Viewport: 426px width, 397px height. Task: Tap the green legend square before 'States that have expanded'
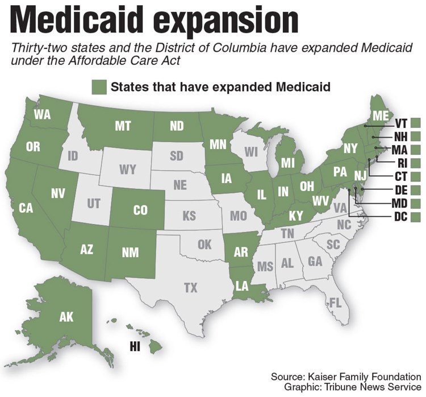tap(99, 87)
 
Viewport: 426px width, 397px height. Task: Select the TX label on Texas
tap(191, 288)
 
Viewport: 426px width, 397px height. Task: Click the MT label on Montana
tap(123, 126)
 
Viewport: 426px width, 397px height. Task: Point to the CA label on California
tap(26, 209)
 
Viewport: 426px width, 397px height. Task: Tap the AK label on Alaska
tap(66, 317)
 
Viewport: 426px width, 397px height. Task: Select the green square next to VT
tap(416, 122)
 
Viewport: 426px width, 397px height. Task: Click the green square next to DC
tap(416, 217)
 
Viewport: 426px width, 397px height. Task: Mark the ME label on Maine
tap(381, 116)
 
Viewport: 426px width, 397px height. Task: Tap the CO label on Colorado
tap(140, 210)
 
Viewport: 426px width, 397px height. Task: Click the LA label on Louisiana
tap(242, 286)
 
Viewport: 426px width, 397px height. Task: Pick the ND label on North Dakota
tap(177, 126)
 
